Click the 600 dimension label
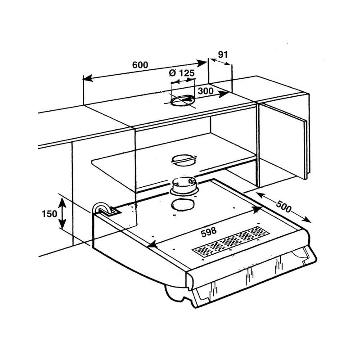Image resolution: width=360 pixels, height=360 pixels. click(x=140, y=65)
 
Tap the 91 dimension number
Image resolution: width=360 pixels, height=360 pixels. click(x=223, y=54)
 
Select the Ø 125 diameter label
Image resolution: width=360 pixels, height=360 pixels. click(x=182, y=73)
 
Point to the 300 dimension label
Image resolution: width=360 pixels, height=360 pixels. click(x=206, y=91)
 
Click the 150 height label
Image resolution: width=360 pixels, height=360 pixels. click(x=49, y=214)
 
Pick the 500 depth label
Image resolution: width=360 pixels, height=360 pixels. click(x=284, y=207)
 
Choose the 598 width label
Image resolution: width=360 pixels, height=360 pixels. click(x=209, y=232)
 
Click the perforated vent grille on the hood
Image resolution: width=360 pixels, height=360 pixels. click(x=230, y=241)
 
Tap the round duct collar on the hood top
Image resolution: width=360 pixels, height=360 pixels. click(x=184, y=186)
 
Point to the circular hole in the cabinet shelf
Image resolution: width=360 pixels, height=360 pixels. click(x=184, y=160)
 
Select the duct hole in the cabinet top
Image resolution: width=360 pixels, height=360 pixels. click(x=183, y=101)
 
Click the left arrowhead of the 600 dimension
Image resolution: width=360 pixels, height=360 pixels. click(x=88, y=78)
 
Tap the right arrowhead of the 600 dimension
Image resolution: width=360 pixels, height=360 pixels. click(x=202, y=63)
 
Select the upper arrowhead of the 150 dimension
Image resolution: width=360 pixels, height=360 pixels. click(x=62, y=203)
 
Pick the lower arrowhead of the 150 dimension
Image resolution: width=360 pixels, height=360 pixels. click(x=63, y=224)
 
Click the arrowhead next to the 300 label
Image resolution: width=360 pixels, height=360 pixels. click(x=223, y=94)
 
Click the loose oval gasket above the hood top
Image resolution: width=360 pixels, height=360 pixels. click(x=183, y=205)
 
